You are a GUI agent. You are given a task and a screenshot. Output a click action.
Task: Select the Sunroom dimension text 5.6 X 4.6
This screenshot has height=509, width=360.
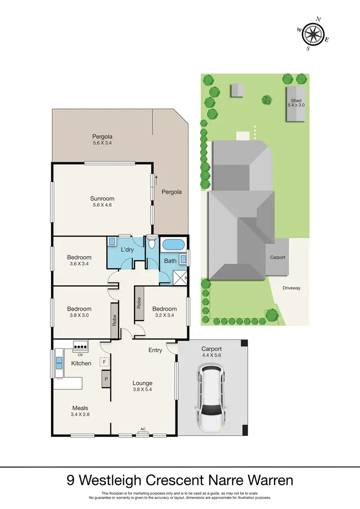coord(102,205)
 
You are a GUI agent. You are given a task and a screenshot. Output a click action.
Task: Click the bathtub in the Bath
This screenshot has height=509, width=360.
coord(173,245)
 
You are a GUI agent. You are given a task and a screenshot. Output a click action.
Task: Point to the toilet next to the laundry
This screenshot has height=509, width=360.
coord(152,242)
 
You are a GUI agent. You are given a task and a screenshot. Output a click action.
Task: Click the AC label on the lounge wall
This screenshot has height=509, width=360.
coord(143,429)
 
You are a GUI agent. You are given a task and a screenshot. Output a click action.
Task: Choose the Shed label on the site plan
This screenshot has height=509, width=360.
coord(296,100)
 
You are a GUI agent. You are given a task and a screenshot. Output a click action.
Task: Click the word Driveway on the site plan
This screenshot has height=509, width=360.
coord(290,288)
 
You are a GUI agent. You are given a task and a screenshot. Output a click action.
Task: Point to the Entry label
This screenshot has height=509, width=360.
coord(155,350)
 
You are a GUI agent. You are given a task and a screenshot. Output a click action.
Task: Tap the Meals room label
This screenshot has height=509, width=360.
coord(80,408)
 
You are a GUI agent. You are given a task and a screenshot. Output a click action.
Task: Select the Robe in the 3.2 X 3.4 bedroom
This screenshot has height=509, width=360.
coord(139,303)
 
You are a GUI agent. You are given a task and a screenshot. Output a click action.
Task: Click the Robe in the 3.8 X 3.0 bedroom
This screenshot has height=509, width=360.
coord(114,320)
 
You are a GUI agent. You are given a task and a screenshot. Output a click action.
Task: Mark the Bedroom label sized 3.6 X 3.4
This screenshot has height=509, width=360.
coord(79,257)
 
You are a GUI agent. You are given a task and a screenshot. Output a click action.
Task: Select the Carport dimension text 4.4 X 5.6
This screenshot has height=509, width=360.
coord(211,356)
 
